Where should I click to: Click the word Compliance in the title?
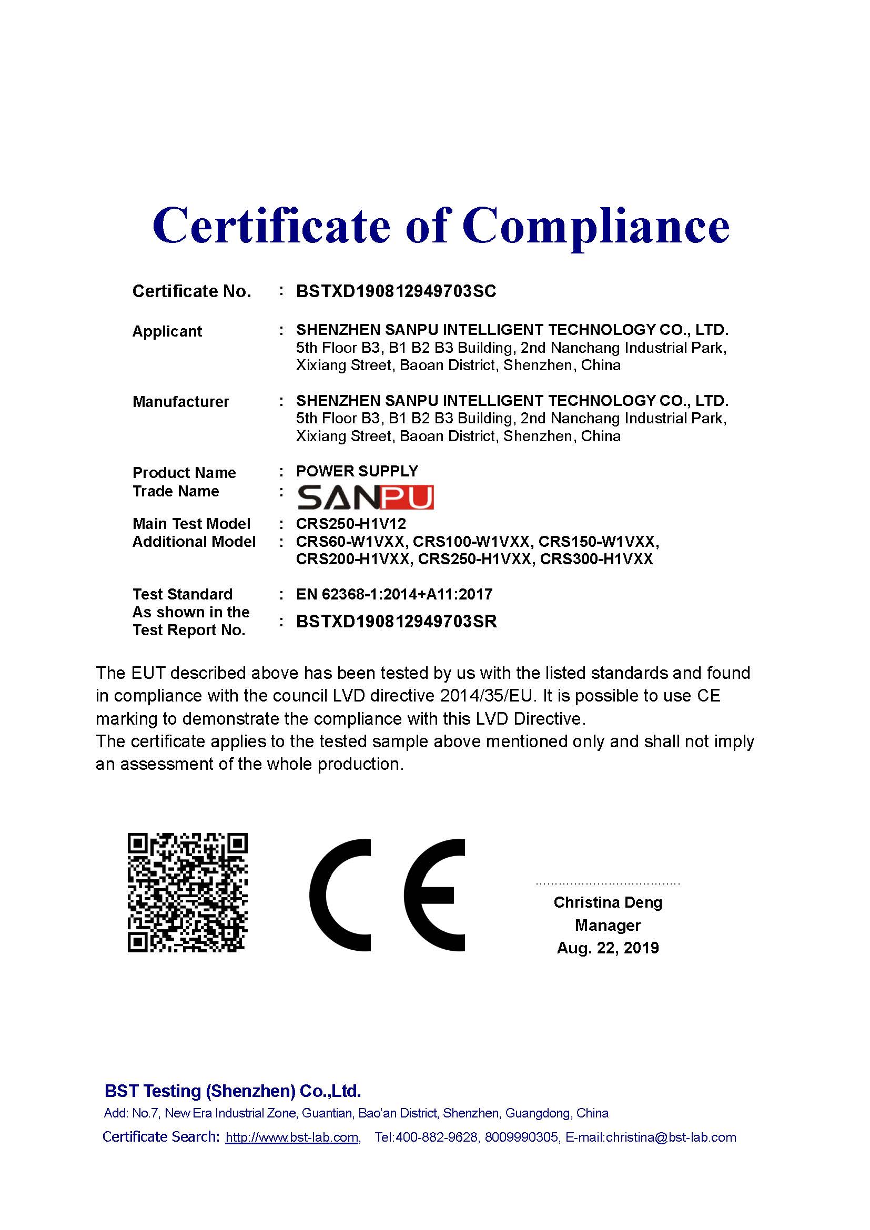596,226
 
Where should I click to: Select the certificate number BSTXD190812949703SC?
396,291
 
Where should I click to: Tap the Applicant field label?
167,331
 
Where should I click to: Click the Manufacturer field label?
180,402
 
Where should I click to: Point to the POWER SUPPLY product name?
357,471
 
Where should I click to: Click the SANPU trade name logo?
366,497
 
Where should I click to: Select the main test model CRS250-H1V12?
351,523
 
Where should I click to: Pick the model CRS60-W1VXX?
350,542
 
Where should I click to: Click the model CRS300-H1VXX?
596,560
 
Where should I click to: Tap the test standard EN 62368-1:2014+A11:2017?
394,594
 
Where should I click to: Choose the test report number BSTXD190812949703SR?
397,622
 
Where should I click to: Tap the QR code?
187,893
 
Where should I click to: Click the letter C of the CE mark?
340,894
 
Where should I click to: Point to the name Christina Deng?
608,902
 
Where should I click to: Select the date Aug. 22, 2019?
608,948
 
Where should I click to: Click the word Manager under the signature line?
608,925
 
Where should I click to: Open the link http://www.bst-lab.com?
292,1137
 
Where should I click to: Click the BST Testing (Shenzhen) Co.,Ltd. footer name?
232,1091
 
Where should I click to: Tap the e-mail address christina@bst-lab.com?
671,1137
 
